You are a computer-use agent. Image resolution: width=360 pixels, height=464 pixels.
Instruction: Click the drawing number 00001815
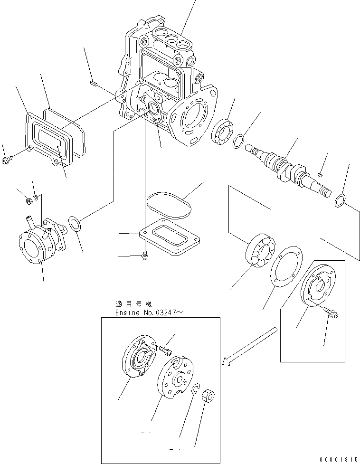click(337, 459)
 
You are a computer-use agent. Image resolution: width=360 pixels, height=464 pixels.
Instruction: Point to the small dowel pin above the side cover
click(93, 84)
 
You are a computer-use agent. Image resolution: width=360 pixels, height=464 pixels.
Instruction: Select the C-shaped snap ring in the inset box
click(195, 389)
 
